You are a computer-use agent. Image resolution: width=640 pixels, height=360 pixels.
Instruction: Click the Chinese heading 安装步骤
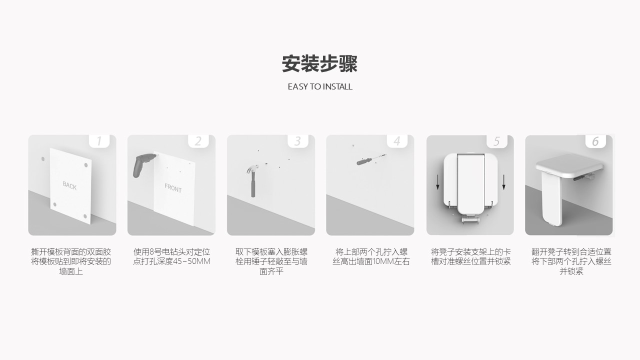coord(319,63)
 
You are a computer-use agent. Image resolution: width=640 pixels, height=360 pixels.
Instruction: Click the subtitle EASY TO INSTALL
coord(320,86)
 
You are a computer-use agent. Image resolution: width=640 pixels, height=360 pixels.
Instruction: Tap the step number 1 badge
coord(99,141)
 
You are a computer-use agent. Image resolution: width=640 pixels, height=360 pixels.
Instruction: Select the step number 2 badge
coord(198,141)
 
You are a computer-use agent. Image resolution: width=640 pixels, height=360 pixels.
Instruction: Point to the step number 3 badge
coord(297,141)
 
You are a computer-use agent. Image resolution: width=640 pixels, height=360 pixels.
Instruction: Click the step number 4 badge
coord(397,141)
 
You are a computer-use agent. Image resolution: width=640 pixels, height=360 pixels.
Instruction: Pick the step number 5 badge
coord(497,141)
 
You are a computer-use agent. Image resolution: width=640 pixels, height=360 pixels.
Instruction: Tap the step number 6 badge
coord(595,141)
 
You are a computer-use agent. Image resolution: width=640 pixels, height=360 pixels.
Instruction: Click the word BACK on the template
coord(69,185)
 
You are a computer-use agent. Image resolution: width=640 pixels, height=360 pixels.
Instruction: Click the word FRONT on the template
coord(173,188)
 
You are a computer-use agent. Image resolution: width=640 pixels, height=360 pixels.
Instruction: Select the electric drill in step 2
coord(143,164)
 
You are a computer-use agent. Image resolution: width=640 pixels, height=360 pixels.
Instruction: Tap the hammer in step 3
coord(252,180)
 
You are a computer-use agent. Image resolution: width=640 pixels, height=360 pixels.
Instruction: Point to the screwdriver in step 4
coord(370,159)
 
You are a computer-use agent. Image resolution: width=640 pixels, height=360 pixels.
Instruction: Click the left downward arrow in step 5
coord(437,182)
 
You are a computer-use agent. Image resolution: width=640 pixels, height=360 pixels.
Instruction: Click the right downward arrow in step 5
coord(503,182)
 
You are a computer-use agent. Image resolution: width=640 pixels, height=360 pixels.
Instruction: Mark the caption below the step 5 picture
coord(470,256)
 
